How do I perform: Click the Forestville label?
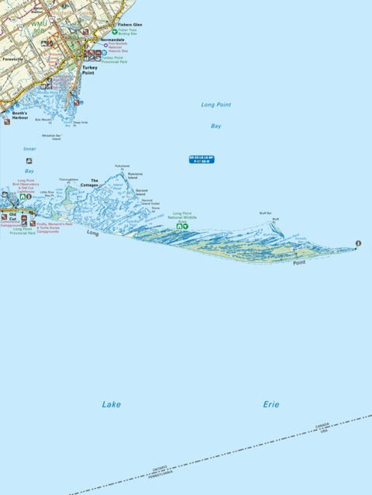(x=13, y=58)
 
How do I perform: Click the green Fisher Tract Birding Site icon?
(x=115, y=32)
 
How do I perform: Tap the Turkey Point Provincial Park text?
(x=113, y=59)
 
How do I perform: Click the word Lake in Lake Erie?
(x=111, y=404)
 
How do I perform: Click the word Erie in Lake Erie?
(x=270, y=404)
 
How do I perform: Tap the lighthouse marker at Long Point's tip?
(x=358, y=244)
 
